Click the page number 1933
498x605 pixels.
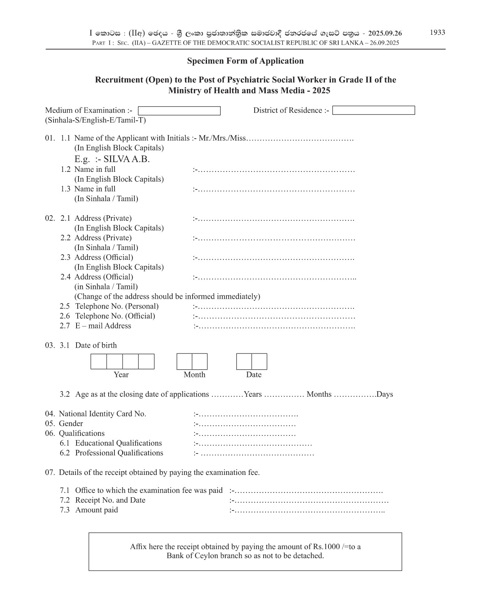(x=437, y=32)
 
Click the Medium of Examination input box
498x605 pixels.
(x=179, y=111)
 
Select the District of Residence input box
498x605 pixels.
(x=373, y=111)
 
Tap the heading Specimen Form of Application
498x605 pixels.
(x=245, y=61)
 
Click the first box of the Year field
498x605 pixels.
(x=99, y=362)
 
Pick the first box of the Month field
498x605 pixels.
(x=184, y=362)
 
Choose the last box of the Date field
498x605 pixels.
(x=259, y=362)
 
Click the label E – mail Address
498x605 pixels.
(x=103, y=326)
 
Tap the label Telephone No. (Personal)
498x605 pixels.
(x=117, y=306)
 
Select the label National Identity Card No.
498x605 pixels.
(x=102, y=414)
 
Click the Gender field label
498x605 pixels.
(x=71, y=423)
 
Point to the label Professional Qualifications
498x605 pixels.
(x=119, y=453)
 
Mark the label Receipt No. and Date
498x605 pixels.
(x=110, y=500)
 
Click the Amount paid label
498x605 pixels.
(x=96, y=510)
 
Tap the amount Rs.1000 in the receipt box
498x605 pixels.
(x=326, y=546)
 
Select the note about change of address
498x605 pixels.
(x=167, y=296)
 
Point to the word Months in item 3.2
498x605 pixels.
(x=319, y=394)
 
